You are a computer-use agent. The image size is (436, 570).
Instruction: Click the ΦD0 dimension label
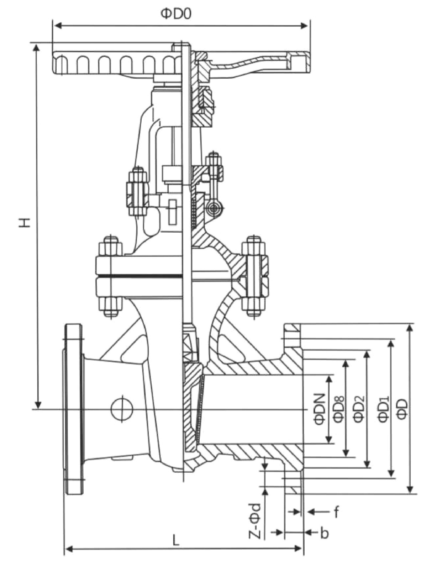pos(176,14)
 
